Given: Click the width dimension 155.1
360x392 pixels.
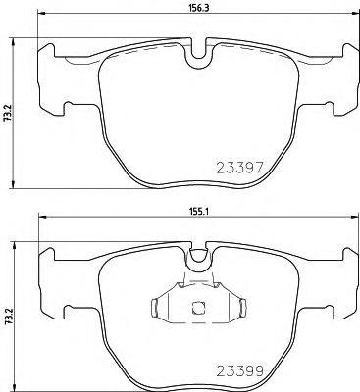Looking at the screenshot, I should click(x=198, y=211).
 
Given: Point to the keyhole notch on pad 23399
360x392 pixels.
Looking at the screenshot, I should click(x=199, y=257).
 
